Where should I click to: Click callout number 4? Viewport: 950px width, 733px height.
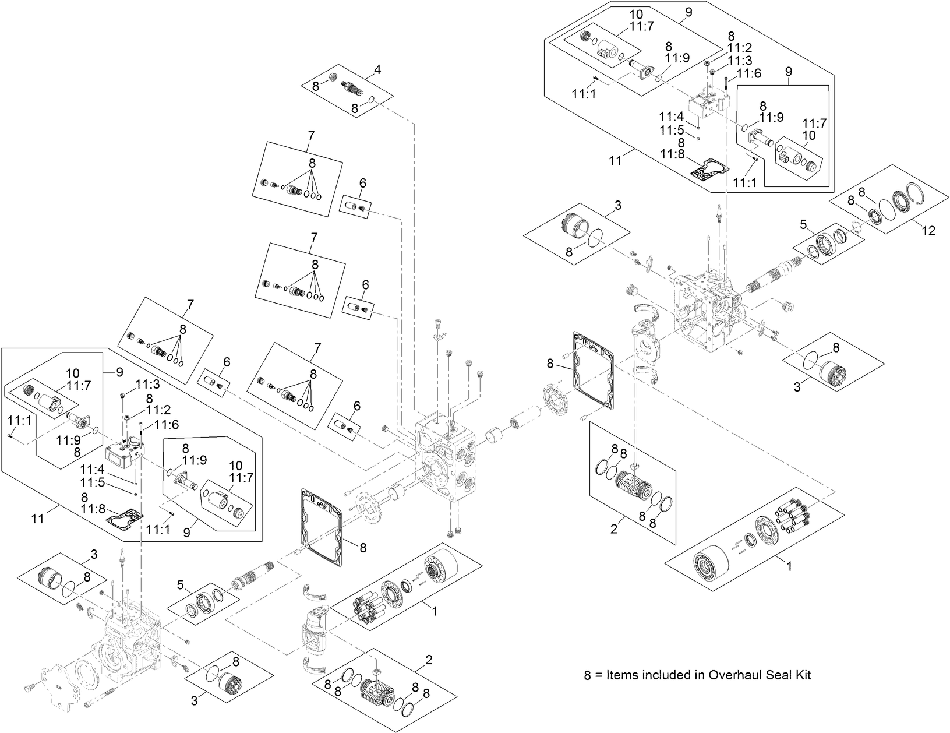[377, 69]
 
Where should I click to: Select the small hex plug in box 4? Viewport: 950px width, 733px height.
[334, 77]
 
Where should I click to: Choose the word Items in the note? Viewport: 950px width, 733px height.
[620, 675]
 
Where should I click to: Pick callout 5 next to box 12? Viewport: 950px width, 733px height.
[803, 224]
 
